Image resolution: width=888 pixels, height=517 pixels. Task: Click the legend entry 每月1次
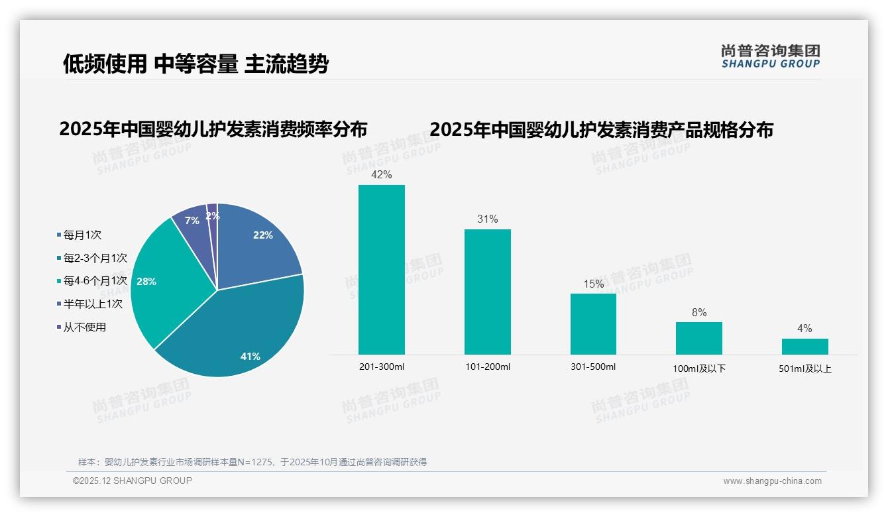tap(82, 235)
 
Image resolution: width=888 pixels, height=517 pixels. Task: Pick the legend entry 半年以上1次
tap(93, 304)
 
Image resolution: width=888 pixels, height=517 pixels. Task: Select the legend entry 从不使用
tap(84, 327)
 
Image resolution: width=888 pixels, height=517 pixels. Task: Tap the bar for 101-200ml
tap(487, 292)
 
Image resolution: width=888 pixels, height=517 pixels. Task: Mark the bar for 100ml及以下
tap(698, 338)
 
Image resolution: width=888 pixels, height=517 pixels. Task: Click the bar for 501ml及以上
tap(805, 346)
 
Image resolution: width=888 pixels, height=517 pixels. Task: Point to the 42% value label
tap(381, 175)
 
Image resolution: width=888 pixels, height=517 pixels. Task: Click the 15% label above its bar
tap(593, 284)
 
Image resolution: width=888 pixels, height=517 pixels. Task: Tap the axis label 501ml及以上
tap(805, 369)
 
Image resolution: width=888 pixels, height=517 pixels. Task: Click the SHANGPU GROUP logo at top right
tap(770, 56)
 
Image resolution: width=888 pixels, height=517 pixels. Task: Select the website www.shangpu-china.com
tap(772, 481)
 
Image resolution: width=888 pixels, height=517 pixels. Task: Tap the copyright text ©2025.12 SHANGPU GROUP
tap(133, 481)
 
